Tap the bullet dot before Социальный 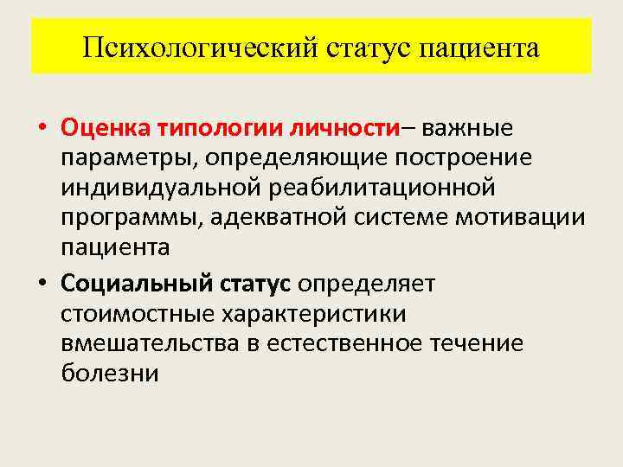(42, 283)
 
